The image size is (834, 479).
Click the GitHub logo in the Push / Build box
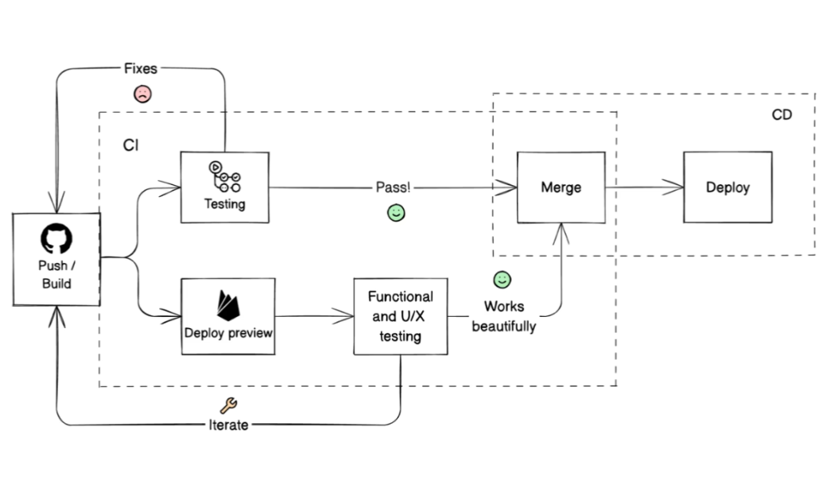[56, 238]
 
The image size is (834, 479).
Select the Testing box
[225, 187]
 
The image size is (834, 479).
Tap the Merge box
[561, 187]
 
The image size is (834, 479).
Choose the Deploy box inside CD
[727, 187]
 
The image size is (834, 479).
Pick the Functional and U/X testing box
[400, 316]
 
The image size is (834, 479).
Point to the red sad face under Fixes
[142, 95]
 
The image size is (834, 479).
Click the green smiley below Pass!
[395, 213]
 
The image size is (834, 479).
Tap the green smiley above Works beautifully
[502, 280]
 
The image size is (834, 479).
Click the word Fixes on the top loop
[141, 69]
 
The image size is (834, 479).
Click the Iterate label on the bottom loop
[229, 425]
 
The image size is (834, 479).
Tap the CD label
[782, 115]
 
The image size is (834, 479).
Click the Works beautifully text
[503, 316]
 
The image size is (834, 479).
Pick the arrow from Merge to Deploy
[644, 188]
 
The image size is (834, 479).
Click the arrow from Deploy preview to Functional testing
[314, 317]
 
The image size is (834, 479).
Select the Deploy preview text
[228, 332]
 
